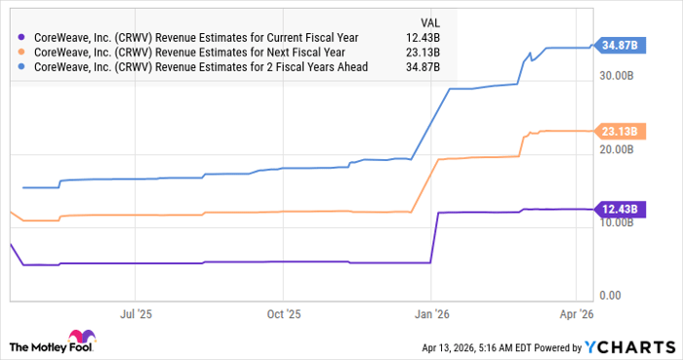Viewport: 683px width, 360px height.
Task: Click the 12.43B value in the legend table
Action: coord(424,37)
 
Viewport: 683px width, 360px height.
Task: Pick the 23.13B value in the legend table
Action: coord(424,52)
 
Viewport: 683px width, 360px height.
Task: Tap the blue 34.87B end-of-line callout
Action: coord(619,46)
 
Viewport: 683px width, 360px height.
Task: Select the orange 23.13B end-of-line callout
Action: coord(619,131)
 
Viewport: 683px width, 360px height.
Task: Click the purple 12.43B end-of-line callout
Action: coord(619,209)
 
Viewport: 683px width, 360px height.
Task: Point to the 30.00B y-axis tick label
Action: coord(622,75)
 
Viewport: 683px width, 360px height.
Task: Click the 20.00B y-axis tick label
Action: coord(622,149)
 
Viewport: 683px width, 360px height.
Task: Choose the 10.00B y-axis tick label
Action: coord(622,222)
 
